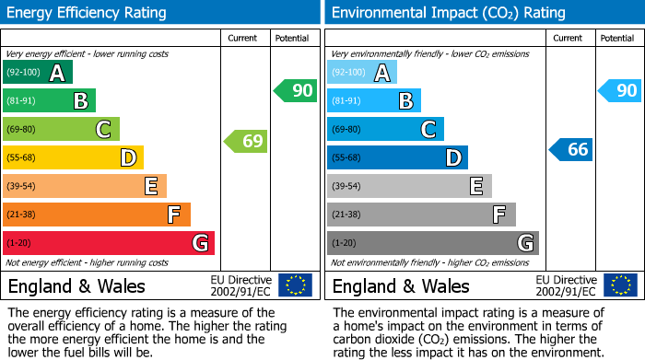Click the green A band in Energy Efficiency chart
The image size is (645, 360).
click(38, 73)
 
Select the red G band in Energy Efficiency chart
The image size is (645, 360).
click(109, 243)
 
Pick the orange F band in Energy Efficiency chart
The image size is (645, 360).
click(97, 215)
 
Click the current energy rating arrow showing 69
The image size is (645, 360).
click(246, 142)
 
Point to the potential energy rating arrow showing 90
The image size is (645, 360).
click(295, 90)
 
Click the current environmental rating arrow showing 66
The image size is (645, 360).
click(570, 149)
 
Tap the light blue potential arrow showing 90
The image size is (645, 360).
click(619, 90)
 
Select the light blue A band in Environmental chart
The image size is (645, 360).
click(362, 73)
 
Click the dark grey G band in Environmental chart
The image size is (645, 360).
click(433, 243)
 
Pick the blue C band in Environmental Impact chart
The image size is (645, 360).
click(385, 129)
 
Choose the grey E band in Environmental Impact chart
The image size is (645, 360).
click(409, 186)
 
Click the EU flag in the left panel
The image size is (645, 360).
click(295, 285)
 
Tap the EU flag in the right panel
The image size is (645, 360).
click(619, 285)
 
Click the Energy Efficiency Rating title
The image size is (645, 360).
click(88, 13)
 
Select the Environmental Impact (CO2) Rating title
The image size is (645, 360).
click(448, 13)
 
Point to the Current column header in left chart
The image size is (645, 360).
click(243, 38)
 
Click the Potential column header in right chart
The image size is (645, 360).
click(616, 38)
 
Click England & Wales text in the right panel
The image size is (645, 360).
click(401, 285)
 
